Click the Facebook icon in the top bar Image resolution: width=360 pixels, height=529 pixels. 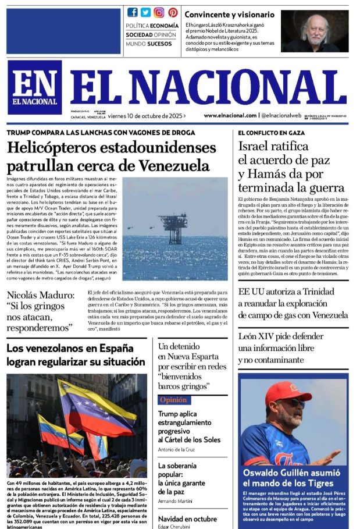133,12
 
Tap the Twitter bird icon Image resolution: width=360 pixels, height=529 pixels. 145,12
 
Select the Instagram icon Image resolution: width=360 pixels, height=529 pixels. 159,12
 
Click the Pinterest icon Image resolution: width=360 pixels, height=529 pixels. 173,12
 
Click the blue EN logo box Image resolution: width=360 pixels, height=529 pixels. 34,87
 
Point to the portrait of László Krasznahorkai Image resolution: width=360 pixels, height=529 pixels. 315,31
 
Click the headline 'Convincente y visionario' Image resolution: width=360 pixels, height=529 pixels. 229,14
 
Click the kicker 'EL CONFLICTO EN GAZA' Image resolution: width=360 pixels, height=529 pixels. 272,133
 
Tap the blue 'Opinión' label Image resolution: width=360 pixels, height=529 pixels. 174,400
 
